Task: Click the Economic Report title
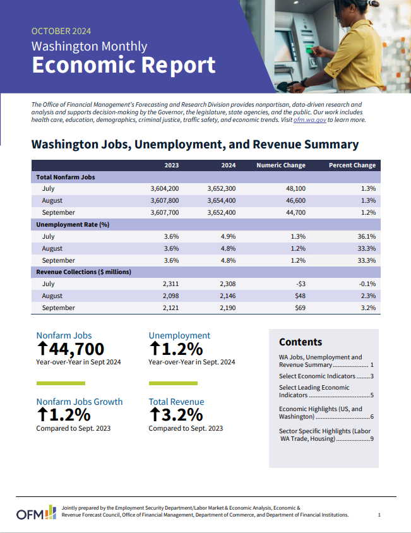(x=123, y=65)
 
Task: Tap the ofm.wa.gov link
(x=309, y=120)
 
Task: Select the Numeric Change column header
(x=280, y=165)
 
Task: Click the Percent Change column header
(x=352, y=165)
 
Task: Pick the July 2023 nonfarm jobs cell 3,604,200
(x=165, y=189)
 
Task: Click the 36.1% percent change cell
(x=366, y=236)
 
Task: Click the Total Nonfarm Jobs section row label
(x=66, y=177)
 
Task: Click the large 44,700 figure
(x=70, y=349)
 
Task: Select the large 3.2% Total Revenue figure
(x=176, y=415)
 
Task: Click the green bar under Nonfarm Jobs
(x=60, y=383)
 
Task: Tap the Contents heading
(x=300, y=342)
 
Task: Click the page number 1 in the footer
(x=379, y=515)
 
